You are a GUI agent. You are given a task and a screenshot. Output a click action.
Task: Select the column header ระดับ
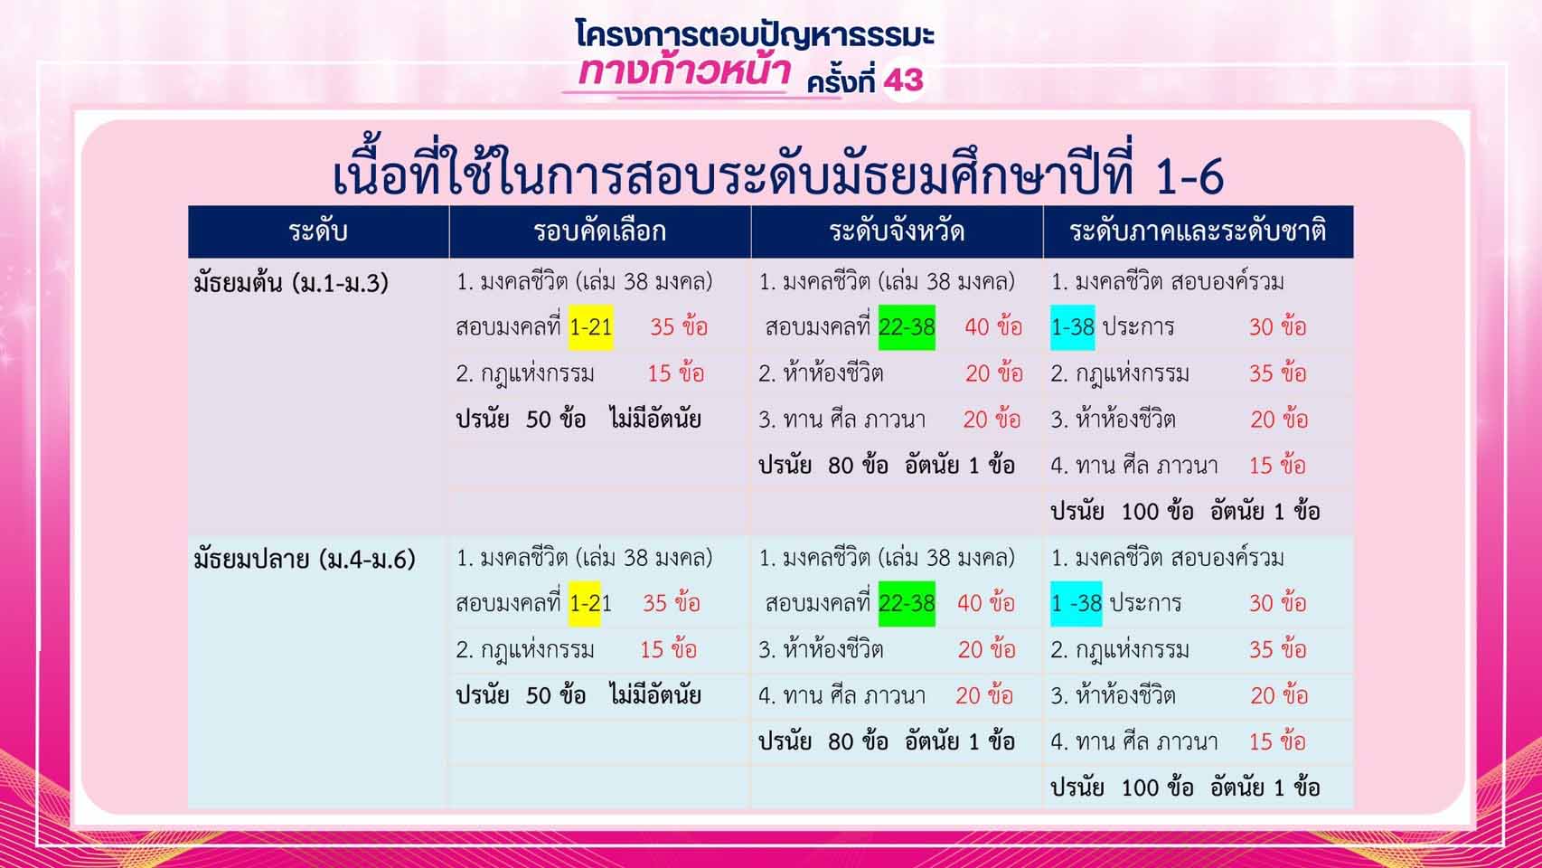(x=317, y=231)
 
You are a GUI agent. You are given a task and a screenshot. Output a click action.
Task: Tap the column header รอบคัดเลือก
(x=599, y=231)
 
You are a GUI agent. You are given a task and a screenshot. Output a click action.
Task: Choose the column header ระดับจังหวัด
(x=897, y=231)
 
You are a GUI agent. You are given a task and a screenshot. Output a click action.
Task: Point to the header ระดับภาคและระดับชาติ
(x=1198, y=231)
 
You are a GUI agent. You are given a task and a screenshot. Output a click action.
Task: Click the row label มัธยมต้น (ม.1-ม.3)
(x=291, y=283)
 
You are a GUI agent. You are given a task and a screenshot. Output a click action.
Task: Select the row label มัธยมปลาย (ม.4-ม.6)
(x=305, y=560)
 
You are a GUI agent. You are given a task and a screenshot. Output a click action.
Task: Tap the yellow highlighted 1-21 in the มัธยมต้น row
(x=590, y=327)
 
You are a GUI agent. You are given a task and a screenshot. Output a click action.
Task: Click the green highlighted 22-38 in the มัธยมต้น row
(x=907, y=327)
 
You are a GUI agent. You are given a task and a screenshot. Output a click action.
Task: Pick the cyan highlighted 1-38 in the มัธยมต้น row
(x=1073, y=327)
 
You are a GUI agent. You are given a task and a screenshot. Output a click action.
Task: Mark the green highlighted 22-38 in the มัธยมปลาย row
(x=907, y=603)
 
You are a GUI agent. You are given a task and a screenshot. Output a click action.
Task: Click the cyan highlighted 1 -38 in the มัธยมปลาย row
(x=1076, y=603)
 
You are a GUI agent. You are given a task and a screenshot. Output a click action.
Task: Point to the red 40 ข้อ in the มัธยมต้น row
(x=993, y=327)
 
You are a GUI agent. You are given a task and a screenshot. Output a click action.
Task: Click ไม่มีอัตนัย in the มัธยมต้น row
(x=654, y=419)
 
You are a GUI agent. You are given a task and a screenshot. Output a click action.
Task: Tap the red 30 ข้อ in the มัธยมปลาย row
(x=1278, y=603)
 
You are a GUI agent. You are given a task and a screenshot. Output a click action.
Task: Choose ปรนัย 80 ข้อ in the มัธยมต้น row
(x=823, y=466)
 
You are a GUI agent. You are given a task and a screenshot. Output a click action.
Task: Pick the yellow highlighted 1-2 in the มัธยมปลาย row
(x=585, y=603)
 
